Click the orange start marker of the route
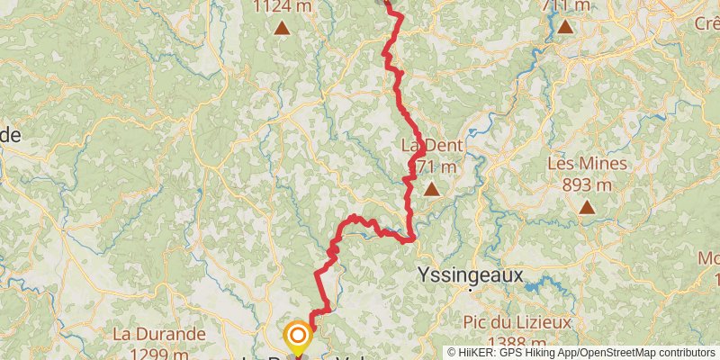tap(297, 337)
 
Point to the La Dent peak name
tap(431, 146)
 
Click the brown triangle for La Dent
tap(432, 189)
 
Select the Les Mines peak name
tap(586, 164)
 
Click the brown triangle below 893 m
tap(587, 207)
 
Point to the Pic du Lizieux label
tap(517, 322)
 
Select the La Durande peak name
tap(158, 334)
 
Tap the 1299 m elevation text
tap(158, 353)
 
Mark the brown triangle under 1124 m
tap(283, 28)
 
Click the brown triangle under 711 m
tap(564, 26)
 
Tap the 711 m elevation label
tap(566, 5)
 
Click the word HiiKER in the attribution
tap(478, 352)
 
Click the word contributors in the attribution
tap(685, 352)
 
